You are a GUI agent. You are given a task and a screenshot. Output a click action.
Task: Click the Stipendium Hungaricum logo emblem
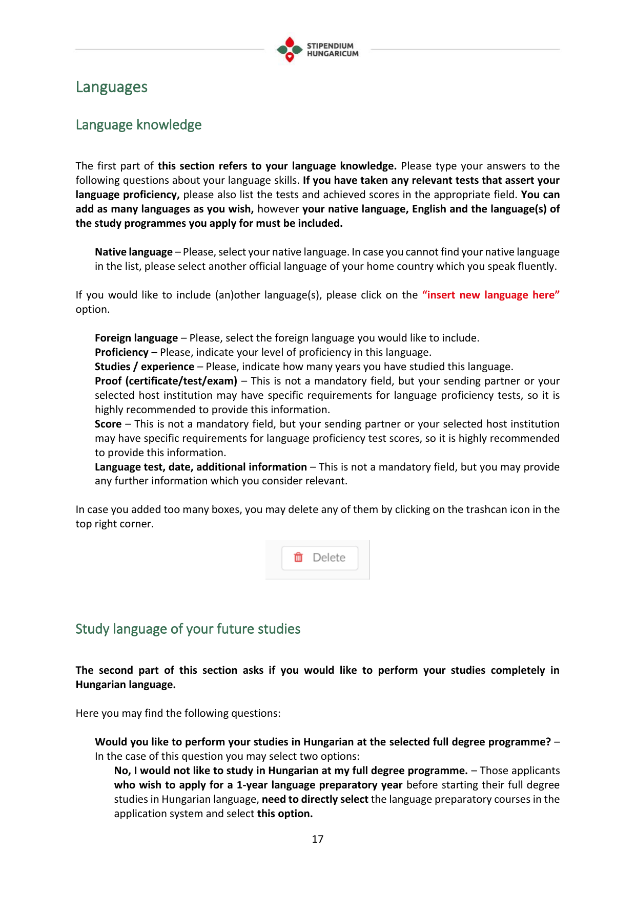pos(290,50)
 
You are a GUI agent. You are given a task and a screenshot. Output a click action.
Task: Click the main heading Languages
pos(111,87)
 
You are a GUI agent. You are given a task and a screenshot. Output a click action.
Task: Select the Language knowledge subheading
pos(138,125)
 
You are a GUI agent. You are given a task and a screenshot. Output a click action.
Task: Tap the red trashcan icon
pos(298,557)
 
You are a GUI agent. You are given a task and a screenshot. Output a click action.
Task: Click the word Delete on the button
pos(329,558)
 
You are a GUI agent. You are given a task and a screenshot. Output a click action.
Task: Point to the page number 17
pos(318,839)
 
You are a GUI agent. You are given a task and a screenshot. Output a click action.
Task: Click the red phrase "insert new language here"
pos(490,295)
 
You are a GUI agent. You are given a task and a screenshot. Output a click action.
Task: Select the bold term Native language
pos(134,252)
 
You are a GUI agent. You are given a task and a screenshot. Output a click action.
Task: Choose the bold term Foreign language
pos(136,338)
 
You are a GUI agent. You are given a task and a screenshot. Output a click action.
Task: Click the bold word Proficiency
pos(121,352)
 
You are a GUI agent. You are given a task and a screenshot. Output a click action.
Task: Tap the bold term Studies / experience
pos(145,367)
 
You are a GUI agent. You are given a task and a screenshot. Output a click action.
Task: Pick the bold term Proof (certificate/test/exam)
pos(166,381)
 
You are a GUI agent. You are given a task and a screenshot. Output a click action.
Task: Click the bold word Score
pos(108,424)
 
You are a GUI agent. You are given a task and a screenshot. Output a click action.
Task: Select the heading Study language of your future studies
pos(188,629)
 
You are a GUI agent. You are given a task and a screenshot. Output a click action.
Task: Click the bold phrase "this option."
pos(285,814)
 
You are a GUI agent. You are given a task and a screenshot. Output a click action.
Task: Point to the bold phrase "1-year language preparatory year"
pos(319,785)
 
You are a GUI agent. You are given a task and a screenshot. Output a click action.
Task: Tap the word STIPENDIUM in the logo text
pos(330,46)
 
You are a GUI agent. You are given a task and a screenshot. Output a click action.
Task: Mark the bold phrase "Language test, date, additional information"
pos(201,467)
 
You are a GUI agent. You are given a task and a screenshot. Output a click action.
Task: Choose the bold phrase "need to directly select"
pos(315,799)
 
